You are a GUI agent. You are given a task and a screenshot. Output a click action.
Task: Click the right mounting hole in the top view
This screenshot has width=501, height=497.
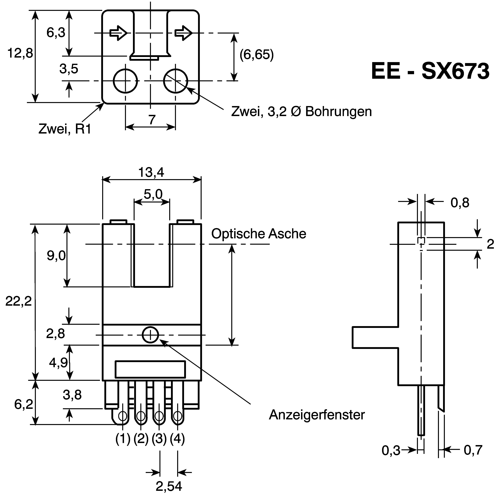click(x=176, y=81)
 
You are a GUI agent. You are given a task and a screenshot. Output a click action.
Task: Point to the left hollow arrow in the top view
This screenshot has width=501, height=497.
click(x=118, y=33)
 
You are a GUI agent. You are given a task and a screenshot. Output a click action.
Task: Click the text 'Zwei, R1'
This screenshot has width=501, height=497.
click(x=65, y=129)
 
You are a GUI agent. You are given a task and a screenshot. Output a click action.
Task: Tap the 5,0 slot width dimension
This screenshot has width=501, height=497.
click(x=153, y=194)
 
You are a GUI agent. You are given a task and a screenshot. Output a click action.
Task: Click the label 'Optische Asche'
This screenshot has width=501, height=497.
click(x=259, y=234)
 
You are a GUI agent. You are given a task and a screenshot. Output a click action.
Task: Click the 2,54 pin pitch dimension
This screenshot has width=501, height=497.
click(x=169, y=486)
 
